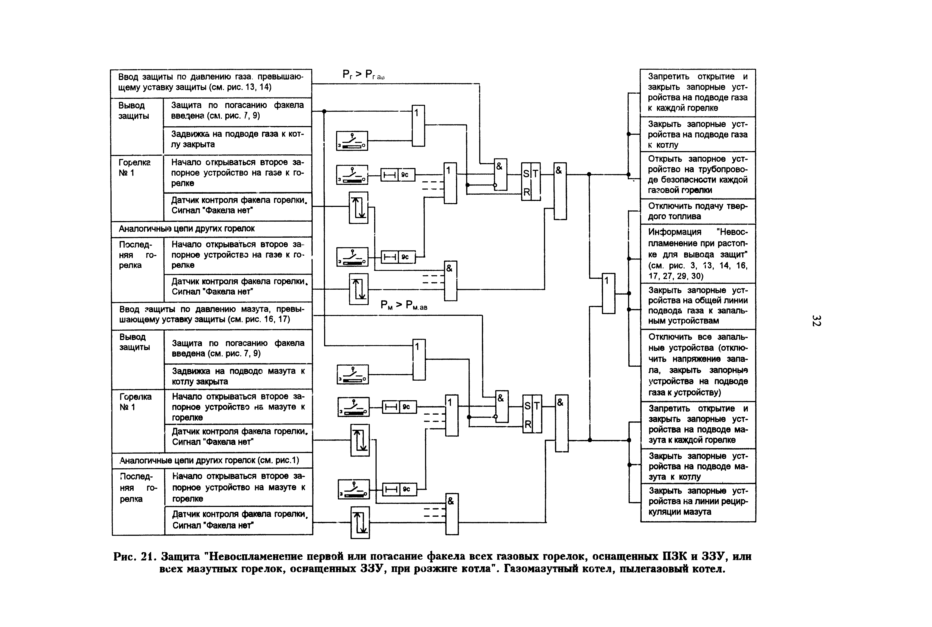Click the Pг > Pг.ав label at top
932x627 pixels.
point(363,75)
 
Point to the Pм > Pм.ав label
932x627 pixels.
point(404,305)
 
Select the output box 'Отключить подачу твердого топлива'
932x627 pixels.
point(697,211)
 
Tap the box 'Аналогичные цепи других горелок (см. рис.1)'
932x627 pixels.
point(212,460)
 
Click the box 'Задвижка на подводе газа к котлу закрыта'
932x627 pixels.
point(237,139)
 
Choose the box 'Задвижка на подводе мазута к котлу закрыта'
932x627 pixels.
point(238,376)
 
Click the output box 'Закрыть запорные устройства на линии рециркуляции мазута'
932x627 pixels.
point(698,501)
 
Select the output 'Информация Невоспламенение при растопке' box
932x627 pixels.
point(698,253)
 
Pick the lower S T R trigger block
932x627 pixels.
point(532,414)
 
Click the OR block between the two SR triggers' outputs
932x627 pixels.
point(608,293)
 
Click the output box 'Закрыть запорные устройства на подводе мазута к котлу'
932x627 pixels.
point(698,466)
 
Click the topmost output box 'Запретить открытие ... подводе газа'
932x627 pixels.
point(697,92)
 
